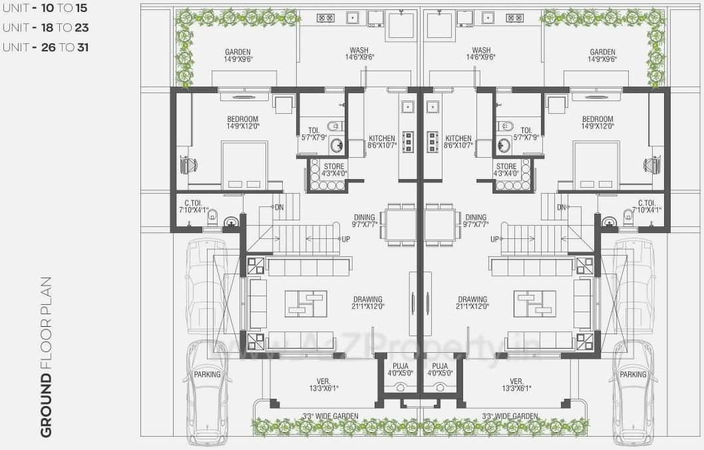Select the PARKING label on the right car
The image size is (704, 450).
pyautogui.click(x=633, y=374)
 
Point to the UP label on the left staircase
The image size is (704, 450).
pyautogui.click(x=346, y=239)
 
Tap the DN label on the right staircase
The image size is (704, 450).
pyautogui.click(x=561, y=208)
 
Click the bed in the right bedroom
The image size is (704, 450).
pyautogui.click(x=596, y=165)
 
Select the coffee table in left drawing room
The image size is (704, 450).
pyautogui.click(x=305, y=304)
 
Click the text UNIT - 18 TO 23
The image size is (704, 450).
pyautogui.click(x=45, y=28)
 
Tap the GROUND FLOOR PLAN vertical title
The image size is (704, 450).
pyautogui.click(x=46, y=357)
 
